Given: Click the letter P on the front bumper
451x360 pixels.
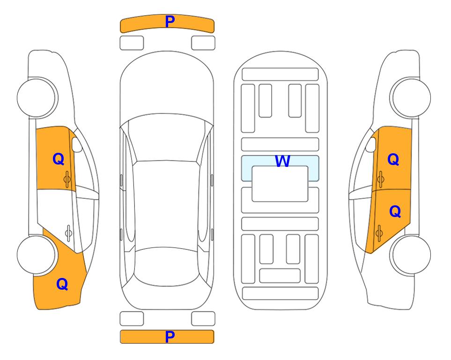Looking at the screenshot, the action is [x=170, y=22].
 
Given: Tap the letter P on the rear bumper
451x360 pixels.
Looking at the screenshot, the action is [x=170, y=337].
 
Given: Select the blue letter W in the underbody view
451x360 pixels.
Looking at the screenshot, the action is [x=282, y=161].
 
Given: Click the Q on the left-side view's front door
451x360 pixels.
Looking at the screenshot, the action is [x=59, y=159].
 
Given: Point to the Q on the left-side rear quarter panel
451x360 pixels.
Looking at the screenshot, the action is [x=62, y=284].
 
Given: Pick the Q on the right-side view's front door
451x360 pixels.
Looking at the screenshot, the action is [x=393, y=159].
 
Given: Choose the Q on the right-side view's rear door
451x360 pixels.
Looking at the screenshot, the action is [x=395, y=212].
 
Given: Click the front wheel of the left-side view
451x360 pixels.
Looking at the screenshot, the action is [x=37, y=97].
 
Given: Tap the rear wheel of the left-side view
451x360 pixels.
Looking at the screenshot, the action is [x=37, y=255].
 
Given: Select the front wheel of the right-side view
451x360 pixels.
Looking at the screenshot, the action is [x=411, y=97].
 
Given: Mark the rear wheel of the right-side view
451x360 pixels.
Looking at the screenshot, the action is [x=411, y=255].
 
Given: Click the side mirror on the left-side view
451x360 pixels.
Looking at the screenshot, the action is [x=77, y=144].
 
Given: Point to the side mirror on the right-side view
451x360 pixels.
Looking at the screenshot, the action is [x=371, y=144].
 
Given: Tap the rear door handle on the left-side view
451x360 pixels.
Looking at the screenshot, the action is [x=68, y=233].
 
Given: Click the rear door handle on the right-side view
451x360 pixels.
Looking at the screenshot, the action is [x=379, y=233].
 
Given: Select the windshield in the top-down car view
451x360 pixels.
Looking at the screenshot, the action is [x=167, y=138].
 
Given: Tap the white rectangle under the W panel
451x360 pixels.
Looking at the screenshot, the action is [x=280, y=184].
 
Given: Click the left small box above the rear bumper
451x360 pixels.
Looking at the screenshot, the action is [x=132, y=319].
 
